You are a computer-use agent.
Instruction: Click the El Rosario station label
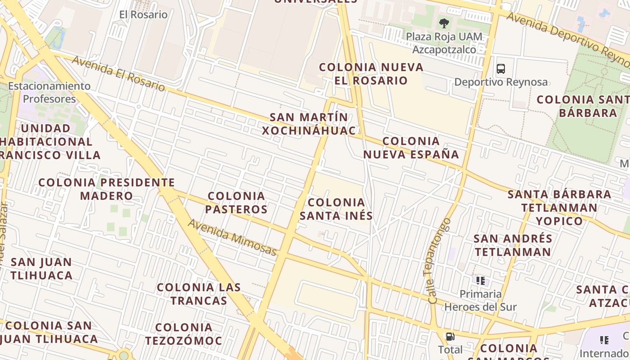[143, 14]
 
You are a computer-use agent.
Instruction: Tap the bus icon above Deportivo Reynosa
[501, 69]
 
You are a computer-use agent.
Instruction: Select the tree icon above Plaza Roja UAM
[444, 23]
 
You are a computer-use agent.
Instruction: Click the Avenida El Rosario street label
[118, 73]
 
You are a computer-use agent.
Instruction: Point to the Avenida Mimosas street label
[232, 237]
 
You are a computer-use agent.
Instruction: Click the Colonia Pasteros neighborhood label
[237, 202]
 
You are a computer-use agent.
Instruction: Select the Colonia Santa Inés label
[336, 209]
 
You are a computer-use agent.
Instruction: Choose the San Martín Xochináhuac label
[309, 124]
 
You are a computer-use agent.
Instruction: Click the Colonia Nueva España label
[411, 148]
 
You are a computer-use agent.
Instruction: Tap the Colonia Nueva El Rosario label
[371, 74]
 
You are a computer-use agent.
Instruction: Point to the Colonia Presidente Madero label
[107, 189]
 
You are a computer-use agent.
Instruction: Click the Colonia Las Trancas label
[199, 293]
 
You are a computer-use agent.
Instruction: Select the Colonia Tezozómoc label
[189, 334]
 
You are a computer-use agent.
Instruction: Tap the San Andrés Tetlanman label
[513, 245]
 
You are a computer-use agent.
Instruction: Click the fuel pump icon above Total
[450, 337]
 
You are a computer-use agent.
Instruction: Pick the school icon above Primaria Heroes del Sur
[481, 281]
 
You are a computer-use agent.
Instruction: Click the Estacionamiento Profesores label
[49, 92]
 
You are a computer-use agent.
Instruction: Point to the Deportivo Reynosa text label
[501, 82]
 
